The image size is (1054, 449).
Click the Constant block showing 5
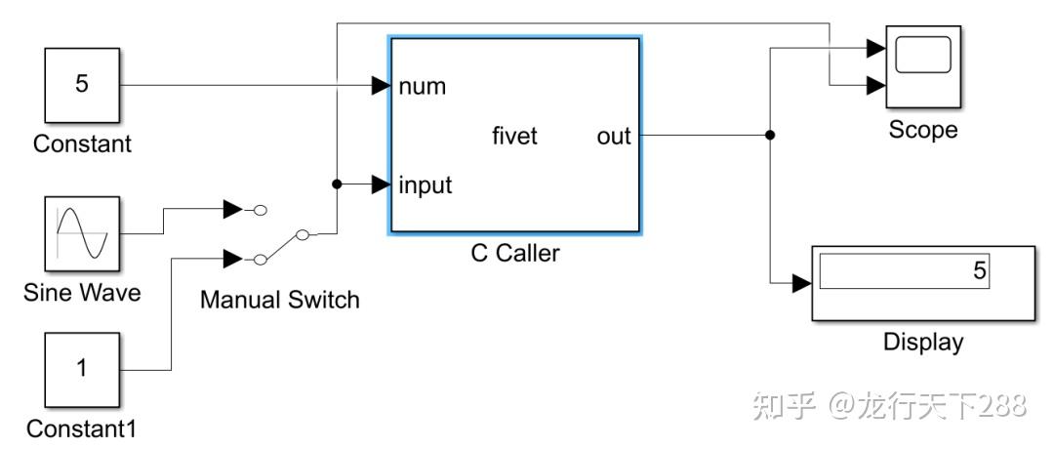pyautogui.click(x=82, y=86)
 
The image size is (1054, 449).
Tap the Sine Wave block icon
pyautogui.click(x=82, y=234)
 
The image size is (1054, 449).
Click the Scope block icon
pyautogui.click(x=922, y=66)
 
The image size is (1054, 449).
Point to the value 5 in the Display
pyautogui.click(x=979, y=272)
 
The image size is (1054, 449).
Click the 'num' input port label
pyautogui.click(x=422, y=86)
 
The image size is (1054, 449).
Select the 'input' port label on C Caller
pyautogui.click(x=425, y=184)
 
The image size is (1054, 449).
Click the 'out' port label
pyautogui.click(x=614, y=136)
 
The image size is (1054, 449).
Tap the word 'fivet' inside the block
pyautogui.click(x=514, y=136)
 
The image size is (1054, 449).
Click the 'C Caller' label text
pyautogui.click(x=515, y=254)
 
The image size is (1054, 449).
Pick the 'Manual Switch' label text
pyautogui.click(x=279, y=300)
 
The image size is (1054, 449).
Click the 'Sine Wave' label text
pyautogui.click(x=82, y=293)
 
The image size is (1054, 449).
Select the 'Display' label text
pyautogui.click(x=922, y=342)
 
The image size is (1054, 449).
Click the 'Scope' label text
pyautogui.click(x=922, y=130)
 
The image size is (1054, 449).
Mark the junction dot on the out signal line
pyautogui.click(x=770, y=135)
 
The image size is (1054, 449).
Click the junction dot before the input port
pyautogui.click(x=337, y=184)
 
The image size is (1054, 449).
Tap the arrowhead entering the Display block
pyautogui.click(x=800, y=283)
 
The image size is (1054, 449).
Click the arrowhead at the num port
pyautogui.click(x=382, y=86)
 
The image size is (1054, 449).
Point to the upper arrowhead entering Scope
pyautogui.click(x=875, y=47)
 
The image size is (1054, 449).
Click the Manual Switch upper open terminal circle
pyautogui.click(x=260, y=209)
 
